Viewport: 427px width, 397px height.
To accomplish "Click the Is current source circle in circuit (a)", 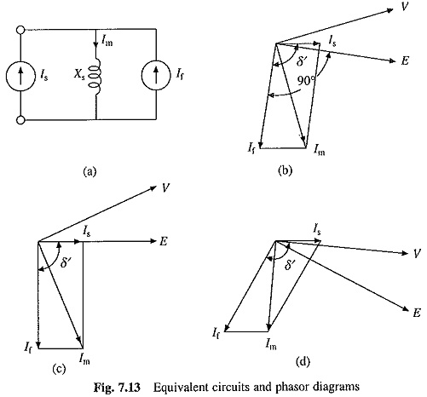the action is click(20, 76).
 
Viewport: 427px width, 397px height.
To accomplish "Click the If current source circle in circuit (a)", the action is click(156, 75).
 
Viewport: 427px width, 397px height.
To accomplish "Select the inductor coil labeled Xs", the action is click(95, 78).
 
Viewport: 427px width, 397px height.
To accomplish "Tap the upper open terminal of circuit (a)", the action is click(20, 30).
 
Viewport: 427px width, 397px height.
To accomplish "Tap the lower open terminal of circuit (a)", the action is click(20, 120).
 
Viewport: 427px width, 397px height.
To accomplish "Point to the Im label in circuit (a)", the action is click(107, 40).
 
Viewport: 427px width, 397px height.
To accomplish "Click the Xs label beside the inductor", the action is click(79, 75).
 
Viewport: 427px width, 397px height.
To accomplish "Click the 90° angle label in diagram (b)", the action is click(306, 81).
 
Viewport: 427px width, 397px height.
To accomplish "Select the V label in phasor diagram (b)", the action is click(404, 6).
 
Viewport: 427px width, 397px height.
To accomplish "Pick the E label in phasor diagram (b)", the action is click(405, 60).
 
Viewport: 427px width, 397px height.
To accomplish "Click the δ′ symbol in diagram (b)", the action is click(302, 60).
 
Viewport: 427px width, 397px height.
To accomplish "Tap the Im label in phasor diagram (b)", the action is click(320, 149).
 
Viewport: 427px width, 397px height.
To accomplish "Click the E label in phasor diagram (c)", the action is click(163, 241).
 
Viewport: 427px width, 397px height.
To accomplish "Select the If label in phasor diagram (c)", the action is click(28, 348).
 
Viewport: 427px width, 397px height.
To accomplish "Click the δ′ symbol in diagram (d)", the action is click(290, 265).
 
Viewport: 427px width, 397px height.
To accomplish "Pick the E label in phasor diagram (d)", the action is click(417, 313).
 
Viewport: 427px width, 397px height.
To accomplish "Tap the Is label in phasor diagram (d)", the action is click(317, 229).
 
